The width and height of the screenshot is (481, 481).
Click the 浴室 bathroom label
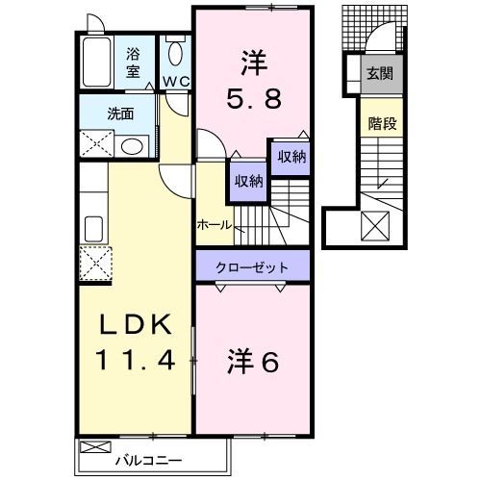tap(133, 63)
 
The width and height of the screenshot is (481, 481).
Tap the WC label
tap(174, 82)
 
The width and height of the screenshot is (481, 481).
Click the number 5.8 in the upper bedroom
tap(253, 98)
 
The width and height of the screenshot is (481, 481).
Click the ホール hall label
tap(214, 224)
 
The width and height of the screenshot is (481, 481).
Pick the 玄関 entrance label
tap(377, 72)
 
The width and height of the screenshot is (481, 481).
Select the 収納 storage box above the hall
tap(247, 181)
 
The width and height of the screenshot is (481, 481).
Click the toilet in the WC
tap(174, 53)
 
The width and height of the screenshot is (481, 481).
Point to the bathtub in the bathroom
tap(96, 63)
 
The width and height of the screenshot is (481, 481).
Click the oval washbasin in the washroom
tap(131, 146)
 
